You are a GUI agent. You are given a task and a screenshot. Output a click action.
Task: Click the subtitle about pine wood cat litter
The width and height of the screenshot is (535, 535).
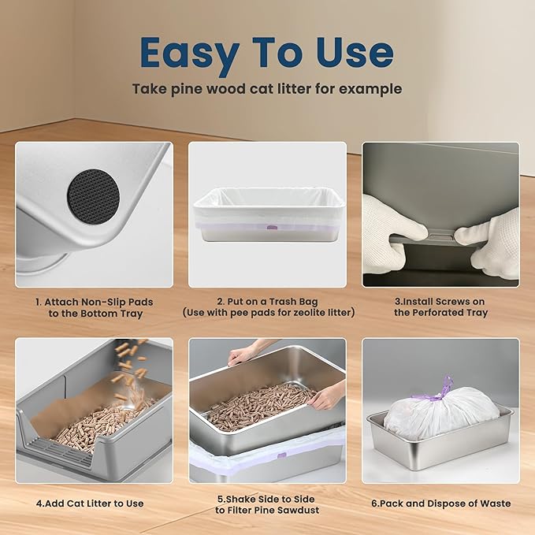267,89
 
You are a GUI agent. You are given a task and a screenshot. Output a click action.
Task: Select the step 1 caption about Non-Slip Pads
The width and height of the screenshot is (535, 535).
94,307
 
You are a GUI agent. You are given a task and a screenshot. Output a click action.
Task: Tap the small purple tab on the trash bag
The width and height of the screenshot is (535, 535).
272,228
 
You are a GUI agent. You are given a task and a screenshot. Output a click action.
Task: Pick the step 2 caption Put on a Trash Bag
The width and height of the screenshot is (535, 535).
267,301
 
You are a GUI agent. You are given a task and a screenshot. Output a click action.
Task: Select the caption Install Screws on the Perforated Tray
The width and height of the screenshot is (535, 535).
440,307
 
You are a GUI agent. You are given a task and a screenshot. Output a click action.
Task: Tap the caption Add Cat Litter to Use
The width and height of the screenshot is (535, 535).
94,503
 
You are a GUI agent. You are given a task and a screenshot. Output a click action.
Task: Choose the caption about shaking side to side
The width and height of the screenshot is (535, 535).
267,503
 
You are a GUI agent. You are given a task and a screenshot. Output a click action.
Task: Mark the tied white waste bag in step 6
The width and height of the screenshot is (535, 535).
441,414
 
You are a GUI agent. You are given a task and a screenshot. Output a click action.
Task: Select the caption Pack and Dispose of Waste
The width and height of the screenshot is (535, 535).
440,503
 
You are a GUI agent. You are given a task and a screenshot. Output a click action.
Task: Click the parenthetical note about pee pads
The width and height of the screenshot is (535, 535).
267,313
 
